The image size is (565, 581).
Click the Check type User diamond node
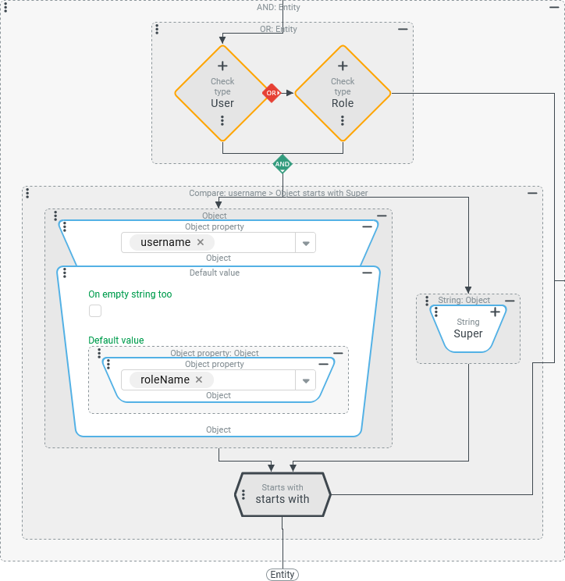coord(222,94)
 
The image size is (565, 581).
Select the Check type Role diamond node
coord(343,94)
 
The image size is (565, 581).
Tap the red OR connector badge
coord(271,93)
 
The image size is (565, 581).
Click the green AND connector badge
coord(282,164)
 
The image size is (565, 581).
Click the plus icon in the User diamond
coord(222,66)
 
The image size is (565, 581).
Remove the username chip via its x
coord(201,242)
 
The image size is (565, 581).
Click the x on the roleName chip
coord(199,380)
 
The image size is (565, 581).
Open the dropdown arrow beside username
coord(306,243)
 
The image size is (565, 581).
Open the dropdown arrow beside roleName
coord(306,380)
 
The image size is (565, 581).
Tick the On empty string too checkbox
coord(95,311)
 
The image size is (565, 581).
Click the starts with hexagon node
coord(282,494)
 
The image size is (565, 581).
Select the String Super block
coord(468,328)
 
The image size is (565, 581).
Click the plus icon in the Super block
coord(495,312)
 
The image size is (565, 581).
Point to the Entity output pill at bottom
coord(282,575)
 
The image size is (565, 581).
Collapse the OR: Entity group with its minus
coord(403,29)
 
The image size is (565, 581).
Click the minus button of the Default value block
coord(367,273)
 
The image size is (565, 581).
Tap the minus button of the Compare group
coord(532,193)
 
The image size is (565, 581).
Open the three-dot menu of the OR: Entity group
coord(157,29)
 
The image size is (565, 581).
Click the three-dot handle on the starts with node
coord(243,495)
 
